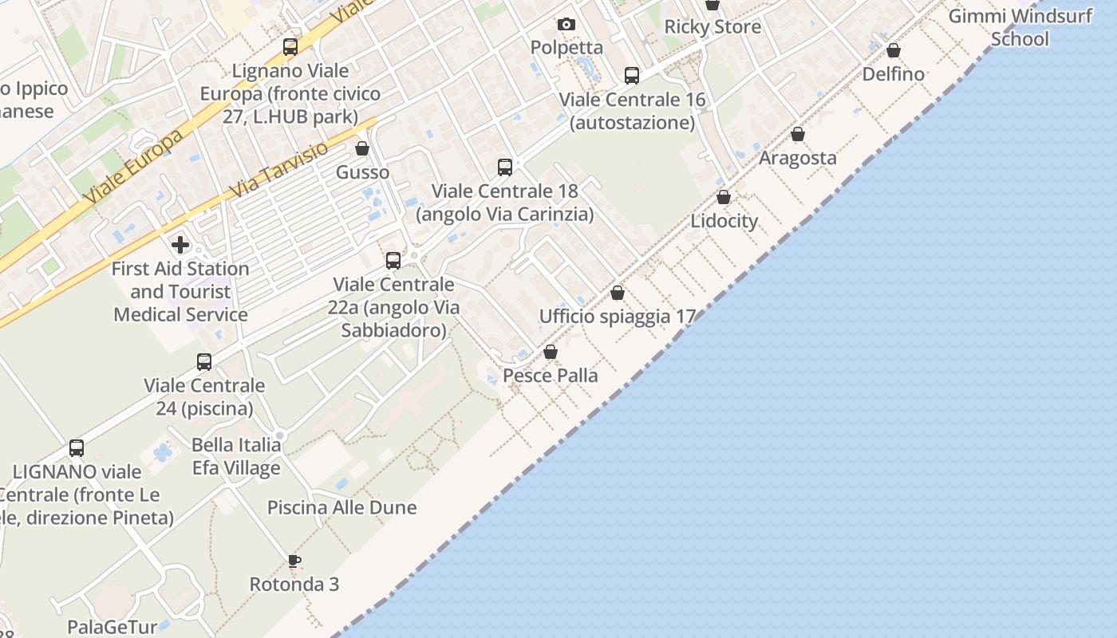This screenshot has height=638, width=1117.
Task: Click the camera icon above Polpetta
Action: click(x=566, y=25)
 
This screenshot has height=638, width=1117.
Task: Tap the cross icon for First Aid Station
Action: click(x=180, y=245)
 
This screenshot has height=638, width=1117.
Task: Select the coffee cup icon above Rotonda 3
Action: click(x=294, y=561)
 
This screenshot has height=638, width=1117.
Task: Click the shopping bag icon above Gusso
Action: click(x=362, y=148)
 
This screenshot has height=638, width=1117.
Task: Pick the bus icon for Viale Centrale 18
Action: click(x=505, y=167)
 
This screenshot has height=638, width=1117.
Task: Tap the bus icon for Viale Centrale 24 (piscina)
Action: click(x=204, y=362)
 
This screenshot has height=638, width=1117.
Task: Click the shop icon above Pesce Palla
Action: click(x=551, y=352)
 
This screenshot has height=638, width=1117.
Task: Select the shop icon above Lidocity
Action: click(x=724, y=197)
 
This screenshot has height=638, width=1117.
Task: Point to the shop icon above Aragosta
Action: click(x=798, y=134)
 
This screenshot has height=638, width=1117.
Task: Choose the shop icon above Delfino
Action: click(x=894, y=50)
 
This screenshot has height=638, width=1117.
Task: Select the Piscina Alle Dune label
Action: click(x=341, y=507)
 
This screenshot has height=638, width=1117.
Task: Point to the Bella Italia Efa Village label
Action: click(x=236, y=456)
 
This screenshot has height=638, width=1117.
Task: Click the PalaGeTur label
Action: click(x=112, y=627)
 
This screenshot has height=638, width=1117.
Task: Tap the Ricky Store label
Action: click(x=712, y=26)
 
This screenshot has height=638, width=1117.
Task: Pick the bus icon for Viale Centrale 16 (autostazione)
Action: click(x=632, y=76)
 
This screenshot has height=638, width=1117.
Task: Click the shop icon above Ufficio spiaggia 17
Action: click(x=618, y=293)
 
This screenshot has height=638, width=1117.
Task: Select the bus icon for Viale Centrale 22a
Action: click(x=393, y=260)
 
